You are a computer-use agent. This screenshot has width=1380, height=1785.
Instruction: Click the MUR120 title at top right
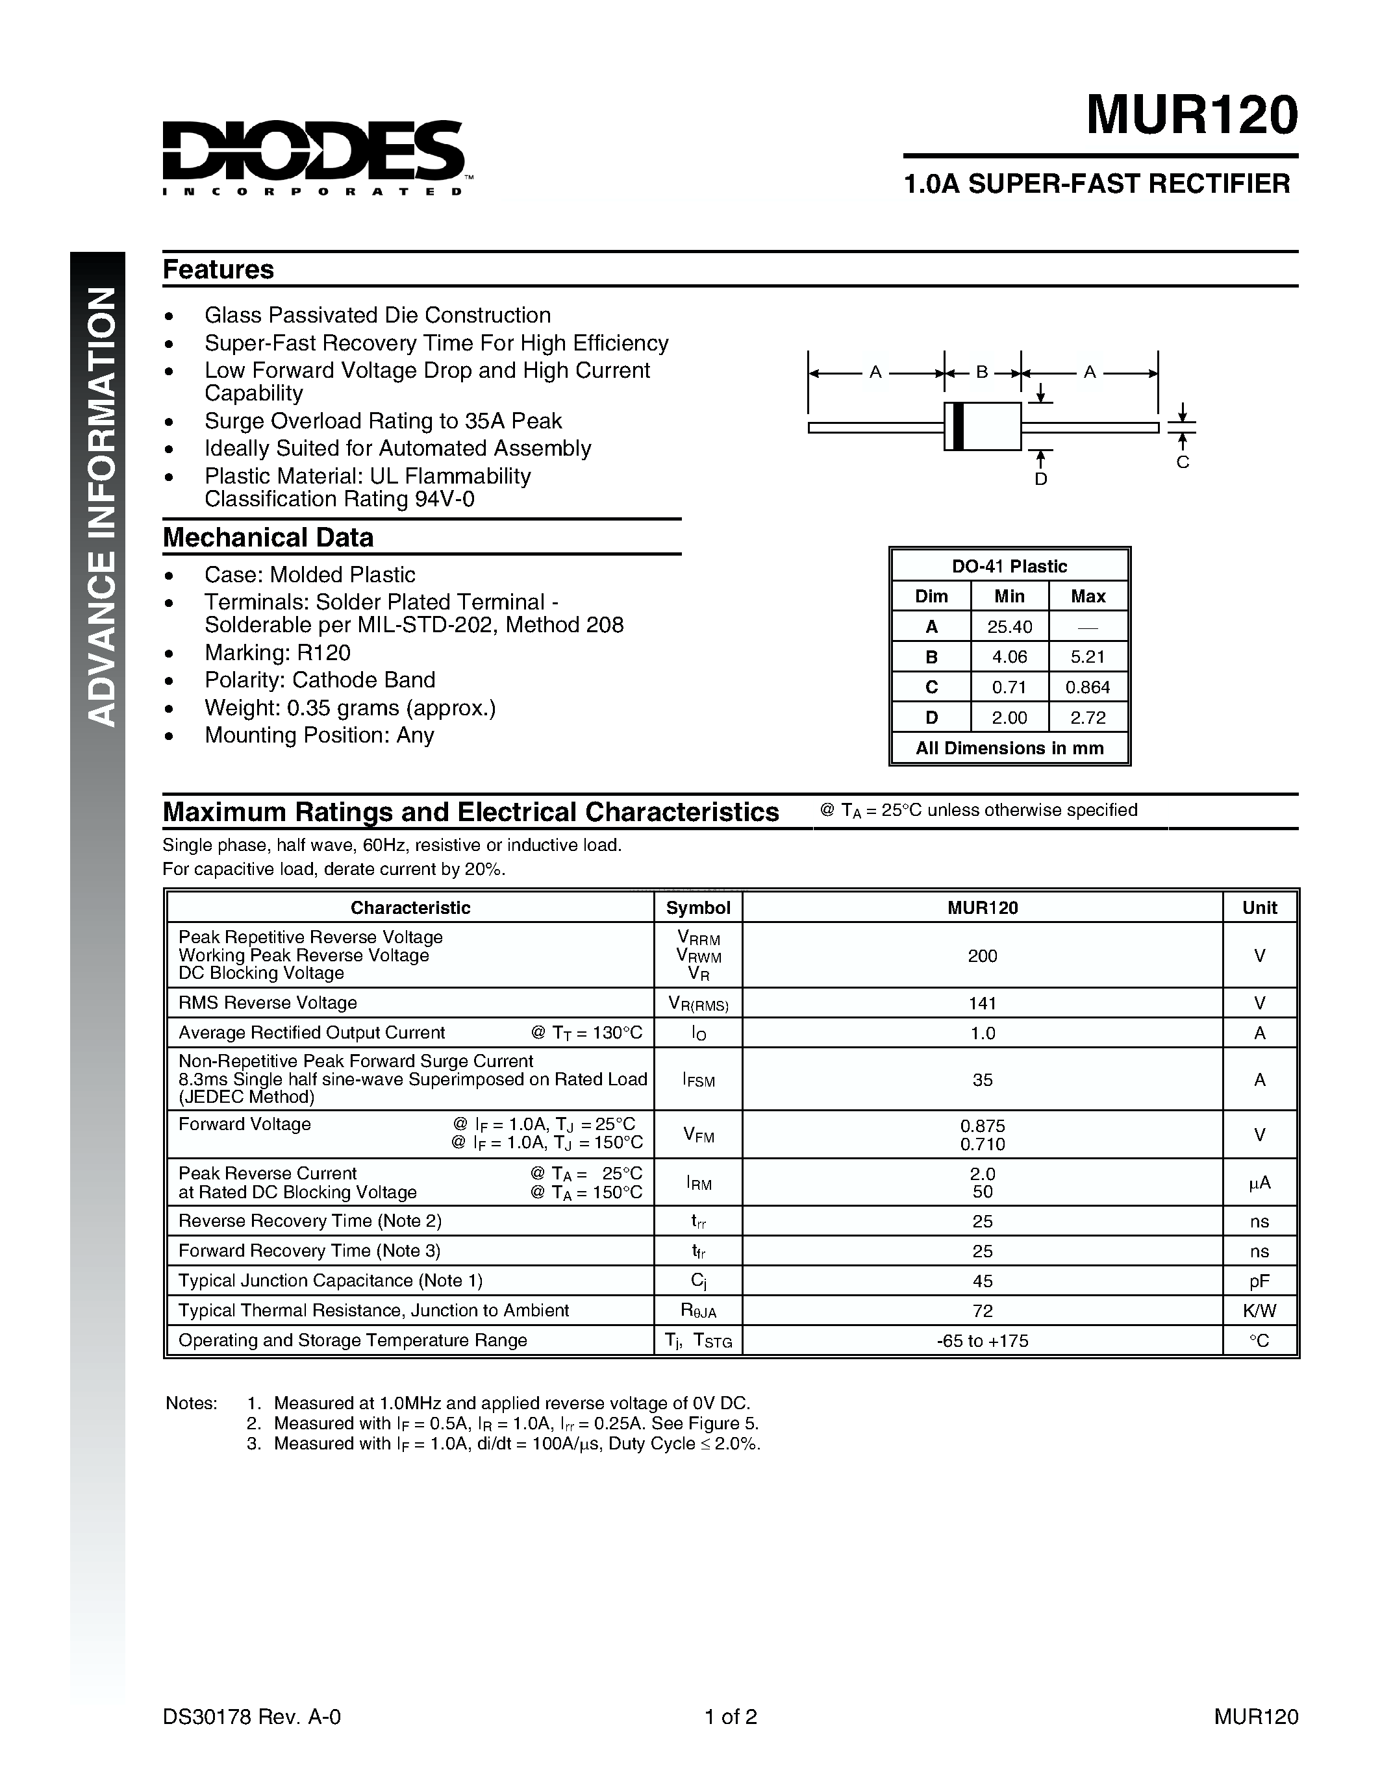[1191, 116]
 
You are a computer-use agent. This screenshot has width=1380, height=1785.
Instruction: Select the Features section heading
[218, 270]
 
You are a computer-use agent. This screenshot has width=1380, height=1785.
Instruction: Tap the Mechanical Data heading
[268, 538]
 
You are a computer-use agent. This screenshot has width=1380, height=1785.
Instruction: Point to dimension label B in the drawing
[982, 372]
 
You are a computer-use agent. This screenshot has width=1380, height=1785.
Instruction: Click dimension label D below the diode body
[1041, 480]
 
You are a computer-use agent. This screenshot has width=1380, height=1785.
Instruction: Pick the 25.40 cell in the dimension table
[1010, 627]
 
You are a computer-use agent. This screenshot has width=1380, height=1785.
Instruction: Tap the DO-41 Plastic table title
[1010, 567]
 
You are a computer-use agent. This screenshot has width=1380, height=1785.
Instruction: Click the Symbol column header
[698, 908]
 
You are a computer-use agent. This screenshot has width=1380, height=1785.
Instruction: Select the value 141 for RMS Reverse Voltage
[983, 1003]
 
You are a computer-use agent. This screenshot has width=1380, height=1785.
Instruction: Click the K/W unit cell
[1259, 1311]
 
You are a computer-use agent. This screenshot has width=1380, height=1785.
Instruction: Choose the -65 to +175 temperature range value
[983, 1341]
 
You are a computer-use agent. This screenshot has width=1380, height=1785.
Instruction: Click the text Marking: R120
[277, 653]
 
